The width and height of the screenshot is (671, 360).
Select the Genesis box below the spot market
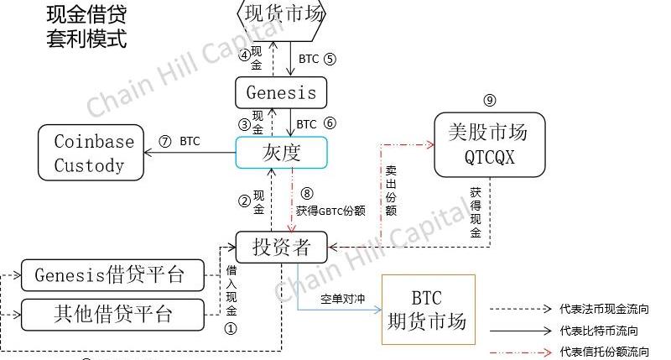[282, 92]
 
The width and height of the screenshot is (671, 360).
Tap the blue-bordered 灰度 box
[282, 153]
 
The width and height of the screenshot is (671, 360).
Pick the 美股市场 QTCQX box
[489, 144]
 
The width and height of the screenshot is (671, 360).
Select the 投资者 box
[282, 247]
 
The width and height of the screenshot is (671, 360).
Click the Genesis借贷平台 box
[112, 274]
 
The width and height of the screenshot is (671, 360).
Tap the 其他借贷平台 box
[112, 314]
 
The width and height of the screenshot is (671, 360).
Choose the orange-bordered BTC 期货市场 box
[428, 309]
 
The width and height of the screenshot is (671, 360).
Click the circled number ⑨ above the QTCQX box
[490, 102]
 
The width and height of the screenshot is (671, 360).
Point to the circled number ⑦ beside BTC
[164, 141]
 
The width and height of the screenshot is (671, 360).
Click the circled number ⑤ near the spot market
[329, 59]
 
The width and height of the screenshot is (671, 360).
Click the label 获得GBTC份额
[330, 211]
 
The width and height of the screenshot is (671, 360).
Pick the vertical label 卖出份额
[391, 190]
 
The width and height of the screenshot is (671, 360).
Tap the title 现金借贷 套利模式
[86, 28]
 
